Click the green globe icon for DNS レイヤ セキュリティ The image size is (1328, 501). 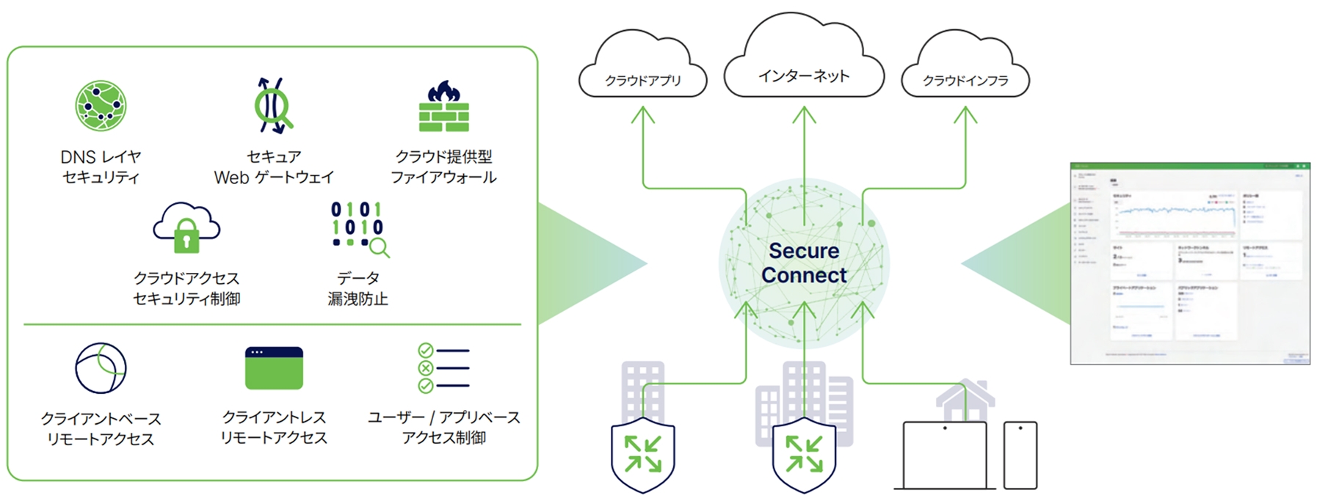[101, 106]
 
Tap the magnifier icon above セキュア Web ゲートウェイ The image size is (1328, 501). [273, 106]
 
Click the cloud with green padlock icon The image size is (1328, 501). [186, 227]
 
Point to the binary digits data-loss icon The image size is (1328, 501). [358, 228]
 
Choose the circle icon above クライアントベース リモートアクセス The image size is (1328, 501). [101, 367]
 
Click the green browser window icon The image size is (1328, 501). [274, 368]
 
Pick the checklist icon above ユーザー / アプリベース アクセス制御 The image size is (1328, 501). [443, 368]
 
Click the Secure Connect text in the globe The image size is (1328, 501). [804, 263]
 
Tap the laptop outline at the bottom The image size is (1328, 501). [945, 456]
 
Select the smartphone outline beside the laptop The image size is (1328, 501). [1020, 456]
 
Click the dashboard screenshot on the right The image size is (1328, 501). [1190, 263]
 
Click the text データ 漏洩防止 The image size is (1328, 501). [358, 288]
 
